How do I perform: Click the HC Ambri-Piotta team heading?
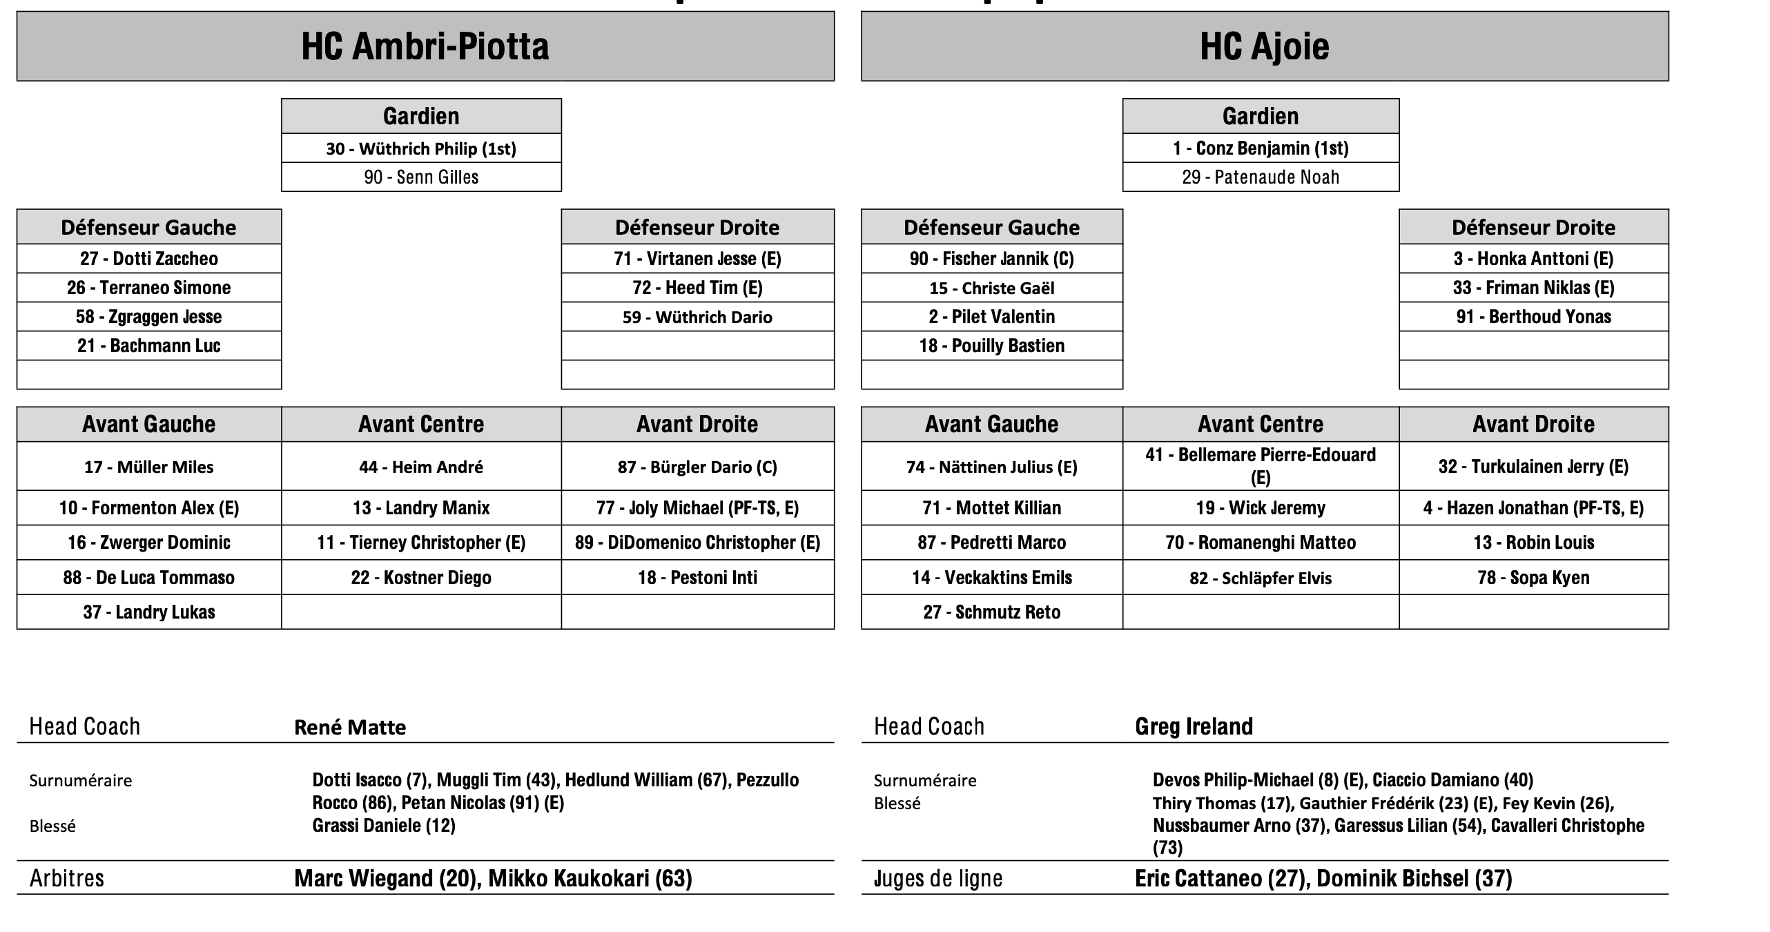point(425,46)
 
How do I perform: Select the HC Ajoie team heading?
point(1264,46)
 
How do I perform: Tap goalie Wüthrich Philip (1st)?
point(421,148)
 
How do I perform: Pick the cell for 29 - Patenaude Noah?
point(1261,177)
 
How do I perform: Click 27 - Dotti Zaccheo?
point(149,259)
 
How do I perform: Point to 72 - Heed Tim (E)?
point(697,288)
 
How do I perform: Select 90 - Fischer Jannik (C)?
point(991,259)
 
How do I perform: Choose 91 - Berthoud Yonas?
point(1533,317)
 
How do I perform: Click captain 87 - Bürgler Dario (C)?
point(697,467)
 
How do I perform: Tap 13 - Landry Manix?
point(421,508)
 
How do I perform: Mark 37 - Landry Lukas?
point(149,612)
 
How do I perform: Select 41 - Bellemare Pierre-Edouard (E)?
point(1261,466)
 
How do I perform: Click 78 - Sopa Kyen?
point(1533,578)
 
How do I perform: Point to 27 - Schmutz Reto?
point(991,612)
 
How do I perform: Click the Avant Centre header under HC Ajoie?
point(1261,424)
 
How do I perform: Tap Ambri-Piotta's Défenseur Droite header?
point(697,227)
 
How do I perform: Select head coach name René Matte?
point(350,727)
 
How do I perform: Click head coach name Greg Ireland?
point(1194,726)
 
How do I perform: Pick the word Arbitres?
point(67,878)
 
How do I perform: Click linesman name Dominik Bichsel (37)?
point(1414,878)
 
